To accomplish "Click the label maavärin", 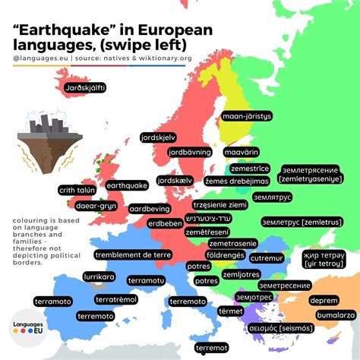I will pyautogui.click(x=243, y=152).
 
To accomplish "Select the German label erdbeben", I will pyautogui.click(x=164, y=223).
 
